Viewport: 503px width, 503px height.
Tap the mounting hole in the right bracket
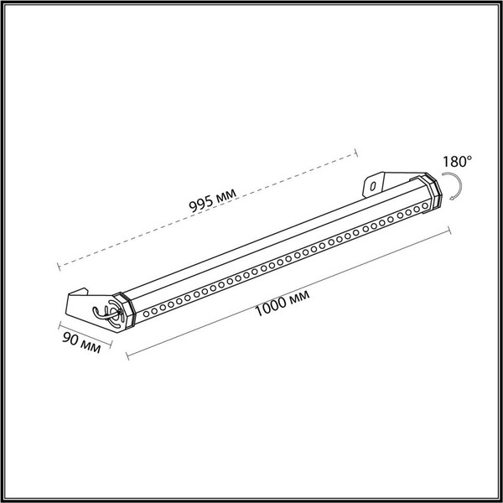pos(370,183)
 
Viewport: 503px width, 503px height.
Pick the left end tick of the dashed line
pos(58,267)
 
